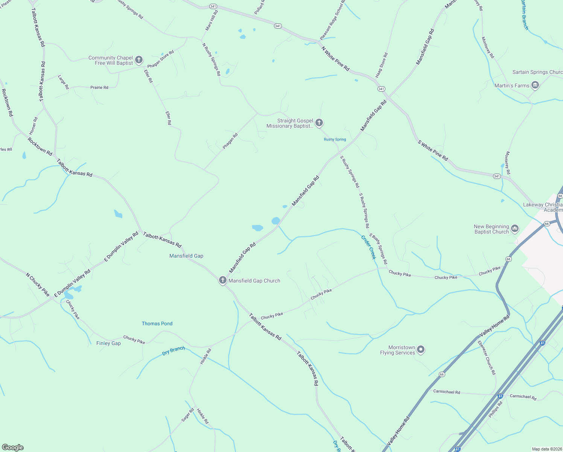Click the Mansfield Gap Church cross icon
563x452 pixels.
[x=223, y=280]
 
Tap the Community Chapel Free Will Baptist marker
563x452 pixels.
[x=139, y=60]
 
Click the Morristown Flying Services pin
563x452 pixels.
[x=421, y=350]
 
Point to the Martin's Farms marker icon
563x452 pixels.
[x=535, y=86]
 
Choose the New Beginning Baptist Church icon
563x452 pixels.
[x=515, y=229]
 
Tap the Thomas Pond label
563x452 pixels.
[x=157, y=324]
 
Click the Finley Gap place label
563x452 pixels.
[x=108, y=343]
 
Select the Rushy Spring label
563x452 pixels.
[x=335, y=139]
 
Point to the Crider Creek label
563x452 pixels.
[x=368, y=247]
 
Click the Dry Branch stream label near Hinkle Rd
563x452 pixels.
[x=173, y=351]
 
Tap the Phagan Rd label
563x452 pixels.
[x=230, y=141]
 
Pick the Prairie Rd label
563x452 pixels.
[x=99, y=87]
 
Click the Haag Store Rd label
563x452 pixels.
[x=381, y=66]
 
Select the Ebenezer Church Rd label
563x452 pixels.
[x=487, y=358]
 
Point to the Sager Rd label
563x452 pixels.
[x=188, y=415]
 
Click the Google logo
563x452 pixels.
[x=13, y=447]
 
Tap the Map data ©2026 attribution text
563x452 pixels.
[x=546, y=449]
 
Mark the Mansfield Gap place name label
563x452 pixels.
[x=186, y=256]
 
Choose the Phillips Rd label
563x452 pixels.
[x=495, y=410]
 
